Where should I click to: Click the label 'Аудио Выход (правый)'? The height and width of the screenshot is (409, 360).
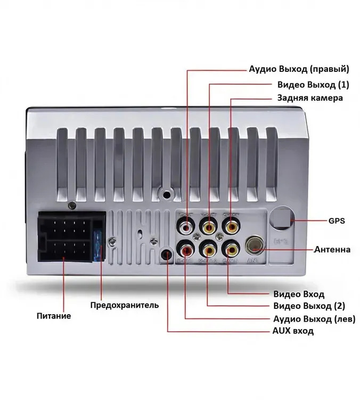[x=299, y=69]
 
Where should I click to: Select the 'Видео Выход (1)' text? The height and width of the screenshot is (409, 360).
[x=313, y=85]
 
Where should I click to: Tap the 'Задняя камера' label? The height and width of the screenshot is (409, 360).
[x=310, y=98]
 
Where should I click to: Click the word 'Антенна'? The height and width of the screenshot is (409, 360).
[x=332, y=249]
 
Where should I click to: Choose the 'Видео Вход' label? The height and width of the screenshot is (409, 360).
[x=298, y=293]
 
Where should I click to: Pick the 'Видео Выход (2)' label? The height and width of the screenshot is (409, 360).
[x=309, y=306]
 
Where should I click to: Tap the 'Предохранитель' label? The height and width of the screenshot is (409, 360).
[x=125, y=305]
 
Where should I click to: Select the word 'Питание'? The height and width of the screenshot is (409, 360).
[x=54, y=316]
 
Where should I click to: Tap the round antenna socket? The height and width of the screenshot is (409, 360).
[x=254, y=246]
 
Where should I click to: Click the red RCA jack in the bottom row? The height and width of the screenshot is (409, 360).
[x=186, y=249]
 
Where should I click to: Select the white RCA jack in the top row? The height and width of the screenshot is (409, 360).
[x=186, y=227]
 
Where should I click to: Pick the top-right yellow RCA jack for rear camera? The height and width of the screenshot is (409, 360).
[x=231, y=227]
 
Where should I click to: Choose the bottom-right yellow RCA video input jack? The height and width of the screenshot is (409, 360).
[x=231, y=249]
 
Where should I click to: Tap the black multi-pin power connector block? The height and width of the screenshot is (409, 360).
[x=65, y=240]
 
